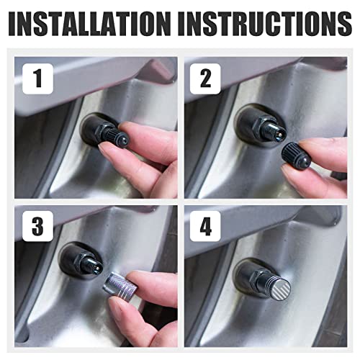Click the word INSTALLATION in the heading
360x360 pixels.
tap(89, 24)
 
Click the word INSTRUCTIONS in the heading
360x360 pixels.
tap(265, 24)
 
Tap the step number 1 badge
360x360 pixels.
tap(37, 78)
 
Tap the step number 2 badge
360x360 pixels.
tap(205, 78)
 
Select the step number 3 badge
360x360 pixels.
tap(37, 226)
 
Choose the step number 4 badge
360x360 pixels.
tap(205, 226)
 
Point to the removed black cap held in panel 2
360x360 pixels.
tap(296, 156)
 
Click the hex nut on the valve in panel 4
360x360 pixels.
tap(256, 279)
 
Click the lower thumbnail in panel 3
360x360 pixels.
tap(117, 310)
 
